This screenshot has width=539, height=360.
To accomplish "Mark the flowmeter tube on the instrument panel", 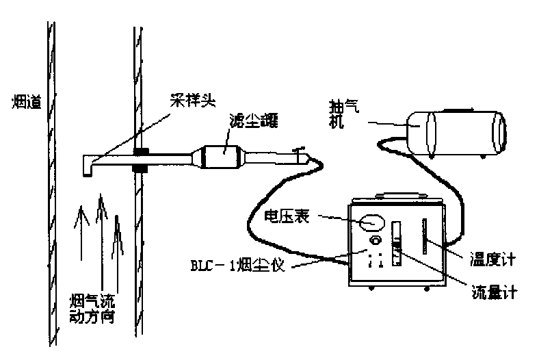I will (x=396, y=243).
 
